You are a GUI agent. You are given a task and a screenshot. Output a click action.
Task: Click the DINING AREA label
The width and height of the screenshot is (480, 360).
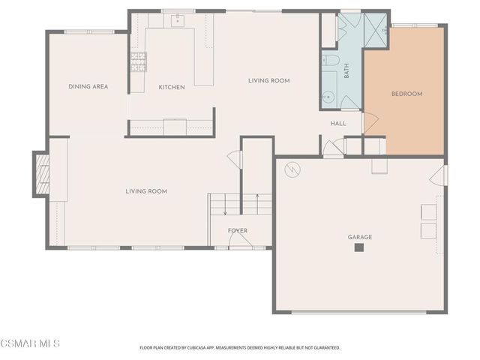(x=88, y=87)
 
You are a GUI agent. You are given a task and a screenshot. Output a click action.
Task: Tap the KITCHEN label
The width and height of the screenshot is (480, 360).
(x=172, y=88)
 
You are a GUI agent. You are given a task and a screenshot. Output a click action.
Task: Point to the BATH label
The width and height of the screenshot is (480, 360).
(x=346, y=71)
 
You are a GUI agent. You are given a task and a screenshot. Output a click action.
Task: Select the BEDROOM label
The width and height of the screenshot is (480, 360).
(x=407, y=94)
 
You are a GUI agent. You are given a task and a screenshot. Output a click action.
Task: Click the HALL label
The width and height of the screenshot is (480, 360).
(x=338, y=123)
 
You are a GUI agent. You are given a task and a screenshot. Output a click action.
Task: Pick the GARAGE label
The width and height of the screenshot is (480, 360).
(x=359, y=237)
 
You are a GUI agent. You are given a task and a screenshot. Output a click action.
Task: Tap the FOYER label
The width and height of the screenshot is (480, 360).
(x=238, y=230)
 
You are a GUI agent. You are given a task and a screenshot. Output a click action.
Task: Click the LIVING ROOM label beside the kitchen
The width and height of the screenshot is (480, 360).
(x=269, y=81)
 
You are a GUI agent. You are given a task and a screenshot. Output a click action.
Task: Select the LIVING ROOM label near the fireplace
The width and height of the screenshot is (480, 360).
(x=146, y=191)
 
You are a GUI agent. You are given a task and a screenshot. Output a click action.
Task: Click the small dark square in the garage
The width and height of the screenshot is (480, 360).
(x=359, y=247)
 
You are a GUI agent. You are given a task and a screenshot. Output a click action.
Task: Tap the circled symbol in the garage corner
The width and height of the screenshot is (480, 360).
(x=290, y=170)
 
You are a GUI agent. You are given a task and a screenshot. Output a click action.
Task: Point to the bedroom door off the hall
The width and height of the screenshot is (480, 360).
(x=367, y=121)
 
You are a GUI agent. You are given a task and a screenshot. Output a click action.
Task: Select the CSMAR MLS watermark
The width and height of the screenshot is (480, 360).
(x=30, y=344)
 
